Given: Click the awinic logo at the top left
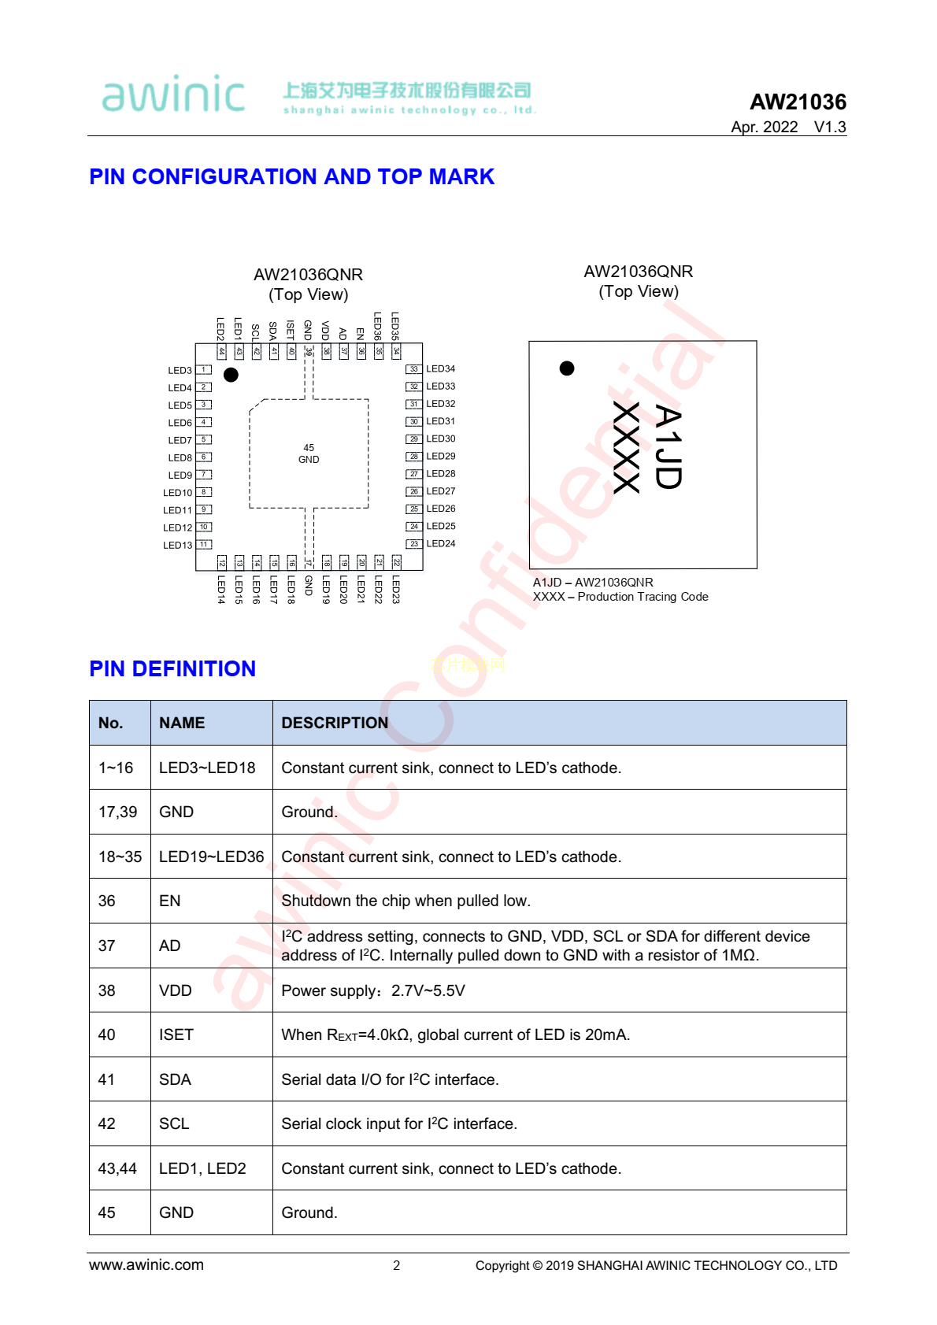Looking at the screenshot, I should [173, 94].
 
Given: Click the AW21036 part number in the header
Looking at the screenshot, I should [798, 102].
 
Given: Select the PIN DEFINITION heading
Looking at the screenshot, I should [172, 668].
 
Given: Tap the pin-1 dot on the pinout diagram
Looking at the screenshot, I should [231, 375].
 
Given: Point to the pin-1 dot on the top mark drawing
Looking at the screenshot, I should [567, 368].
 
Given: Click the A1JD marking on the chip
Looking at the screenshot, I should [668, 447].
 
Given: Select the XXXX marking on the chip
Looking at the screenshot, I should [626, 447].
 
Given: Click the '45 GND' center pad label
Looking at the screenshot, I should [309, 453].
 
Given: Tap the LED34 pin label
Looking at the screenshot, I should [441, 368].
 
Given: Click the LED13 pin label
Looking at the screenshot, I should [177, 545].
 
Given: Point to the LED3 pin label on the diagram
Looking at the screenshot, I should [180, 370].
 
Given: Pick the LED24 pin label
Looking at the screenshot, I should [441, 543].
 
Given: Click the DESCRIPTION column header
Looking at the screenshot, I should [335, 723].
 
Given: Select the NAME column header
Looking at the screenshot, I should [182, 723].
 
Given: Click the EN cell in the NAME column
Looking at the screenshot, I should [170, 901].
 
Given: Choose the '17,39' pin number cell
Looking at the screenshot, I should [118, 812].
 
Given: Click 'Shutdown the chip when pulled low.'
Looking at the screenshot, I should [406, 901].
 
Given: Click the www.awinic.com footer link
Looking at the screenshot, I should [146, 1264].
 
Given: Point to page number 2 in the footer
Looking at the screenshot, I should [397, 1265].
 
